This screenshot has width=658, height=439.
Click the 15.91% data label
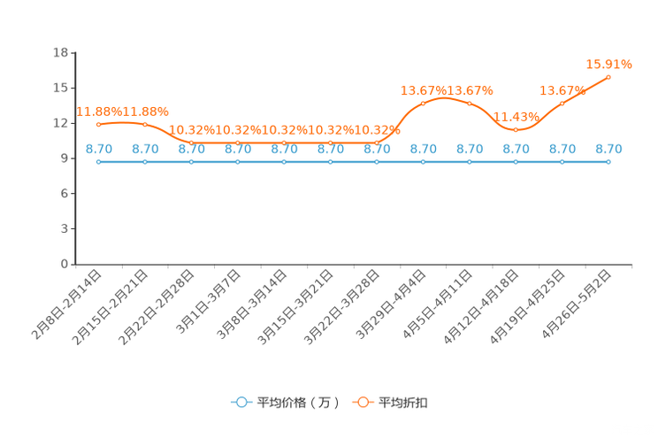[608, 65]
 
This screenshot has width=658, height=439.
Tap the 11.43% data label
[516, 117]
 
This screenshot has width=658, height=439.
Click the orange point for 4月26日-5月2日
[608, 77]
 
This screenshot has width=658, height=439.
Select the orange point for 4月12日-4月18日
[516, 130]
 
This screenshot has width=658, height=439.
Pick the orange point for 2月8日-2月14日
[99, 124]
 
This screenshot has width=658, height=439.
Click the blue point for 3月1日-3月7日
[238, 162]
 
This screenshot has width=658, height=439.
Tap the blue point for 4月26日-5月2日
[608, 162]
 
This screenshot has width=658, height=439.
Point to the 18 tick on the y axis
[60, 52]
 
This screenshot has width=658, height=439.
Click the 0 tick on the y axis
[65, 265]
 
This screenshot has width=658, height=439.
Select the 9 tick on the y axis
[65, 158]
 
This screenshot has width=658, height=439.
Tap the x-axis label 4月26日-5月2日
[576, 304]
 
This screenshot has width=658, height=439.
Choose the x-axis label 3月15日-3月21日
[295, 307]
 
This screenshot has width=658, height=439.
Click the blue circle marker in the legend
[241, 402]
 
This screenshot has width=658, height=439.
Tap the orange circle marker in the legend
[363, 402]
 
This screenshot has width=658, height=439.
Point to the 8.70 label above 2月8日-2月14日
[99, 149]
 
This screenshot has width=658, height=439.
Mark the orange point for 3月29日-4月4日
[423, 104]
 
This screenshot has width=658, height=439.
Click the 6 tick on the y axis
[65, 194]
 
